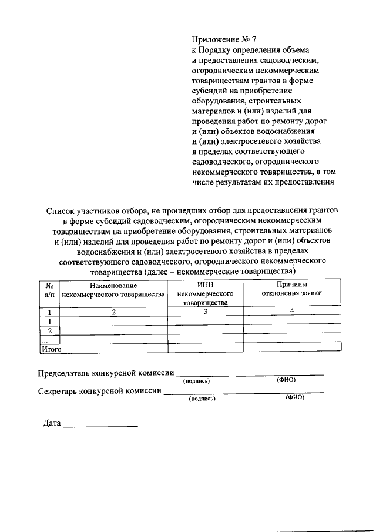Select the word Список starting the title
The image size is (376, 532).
pyautogui.click(x=59, y=210)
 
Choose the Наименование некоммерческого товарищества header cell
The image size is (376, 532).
pyautogui.click(x=113, y=289)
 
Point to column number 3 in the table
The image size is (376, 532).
pyautogui.click(x=206, y=312)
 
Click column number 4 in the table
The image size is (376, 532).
pyautogui.click(x=291, y=311)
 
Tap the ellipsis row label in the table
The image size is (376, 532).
pyautogui.click(x=44, y=340)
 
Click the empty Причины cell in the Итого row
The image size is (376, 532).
pyautogui.click(x=291, y=349)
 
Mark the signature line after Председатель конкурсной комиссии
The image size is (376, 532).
pyautogui.click(x=203, y=375)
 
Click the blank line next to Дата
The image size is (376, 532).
pyautogui.click(x=100, y=425)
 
